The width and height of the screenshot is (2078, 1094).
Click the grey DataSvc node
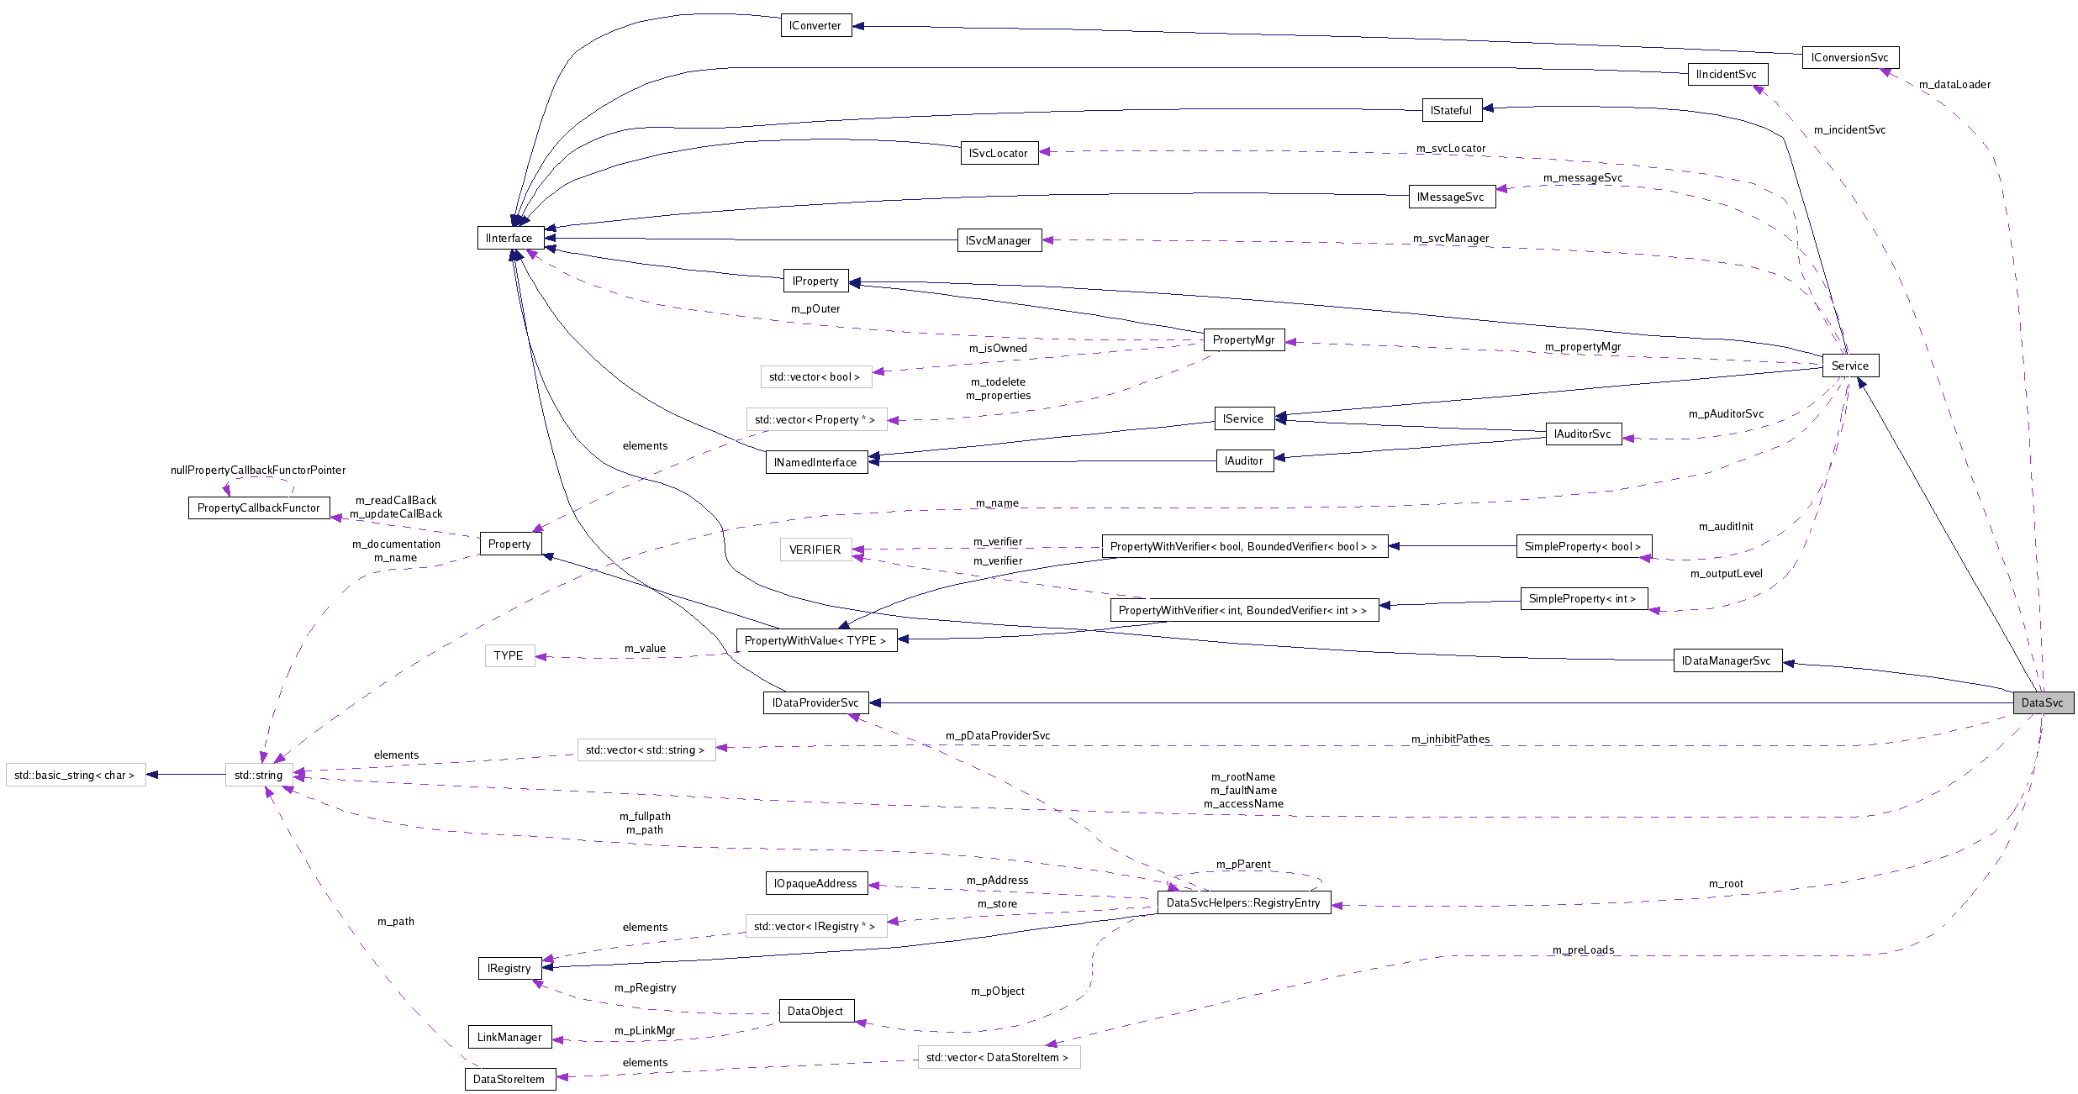click(2043, 702)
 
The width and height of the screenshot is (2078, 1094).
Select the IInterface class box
click(509, 238)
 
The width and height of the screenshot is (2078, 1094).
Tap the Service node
click(1849, 366)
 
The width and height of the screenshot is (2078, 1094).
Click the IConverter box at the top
click(815, 25)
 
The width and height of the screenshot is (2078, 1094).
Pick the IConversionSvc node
click(1849, 57)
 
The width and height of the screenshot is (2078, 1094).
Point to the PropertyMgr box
click(1243, 339)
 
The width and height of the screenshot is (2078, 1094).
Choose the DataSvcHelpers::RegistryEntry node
click(1243, 902)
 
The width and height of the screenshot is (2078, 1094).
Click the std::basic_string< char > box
click(75, 775)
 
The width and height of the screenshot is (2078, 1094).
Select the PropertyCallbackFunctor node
click(259, 508)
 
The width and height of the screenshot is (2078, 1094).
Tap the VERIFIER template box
click(815, 550)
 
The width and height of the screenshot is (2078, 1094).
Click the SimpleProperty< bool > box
click(1583, 546)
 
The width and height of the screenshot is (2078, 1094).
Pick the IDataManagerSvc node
click(1727, 660)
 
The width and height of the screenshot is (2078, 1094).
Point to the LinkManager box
click(509, 1037)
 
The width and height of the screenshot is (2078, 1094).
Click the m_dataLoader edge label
click(1954, 84)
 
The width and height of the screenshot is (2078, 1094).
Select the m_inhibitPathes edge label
click(1450, 739)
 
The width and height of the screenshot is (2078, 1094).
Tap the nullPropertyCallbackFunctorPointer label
click(258, 470)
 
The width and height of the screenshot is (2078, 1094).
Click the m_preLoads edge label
click(1583, 949)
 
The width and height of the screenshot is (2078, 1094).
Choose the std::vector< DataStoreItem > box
click(998, 1057)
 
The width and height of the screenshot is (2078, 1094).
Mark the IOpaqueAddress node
click(815, 883)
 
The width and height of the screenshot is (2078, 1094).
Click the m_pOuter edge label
click(815, 308)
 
